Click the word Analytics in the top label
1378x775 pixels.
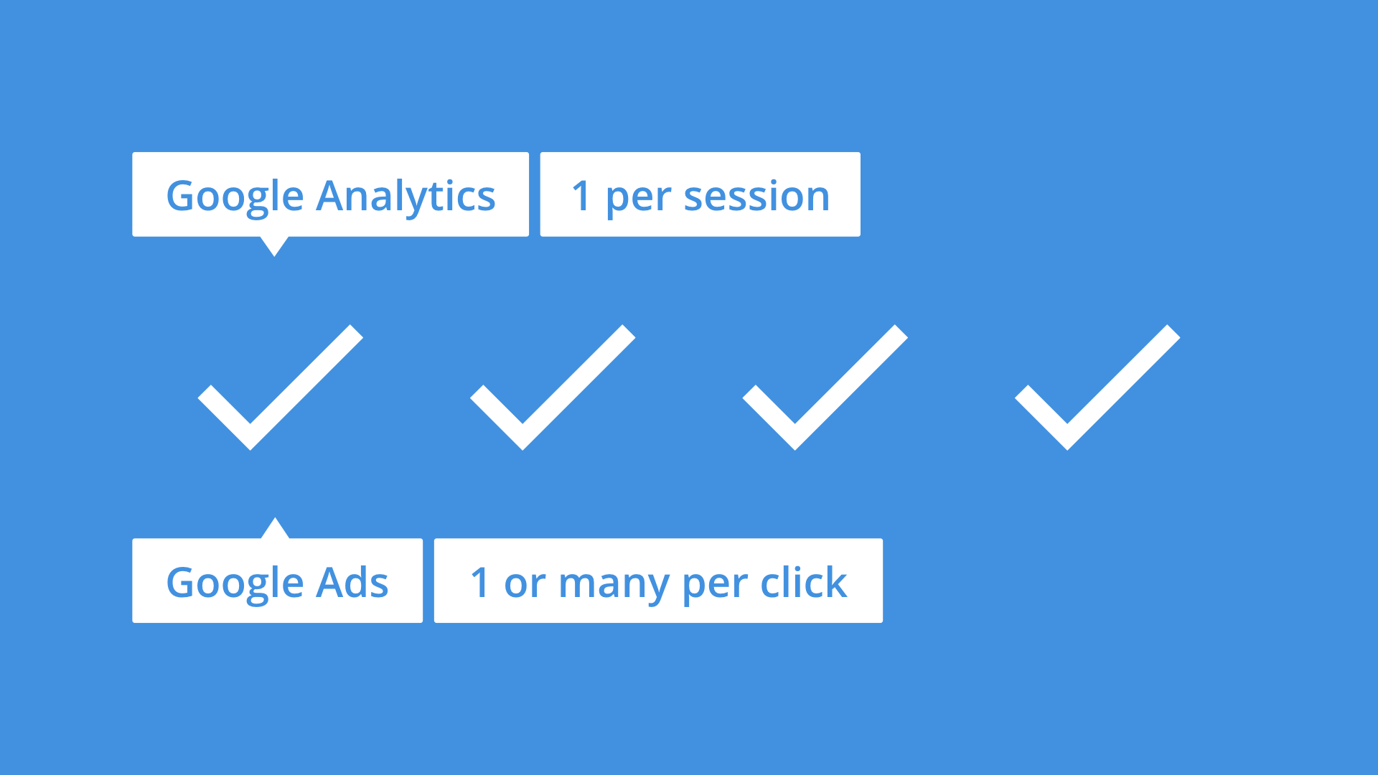pos(406,196)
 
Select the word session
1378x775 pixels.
pos(756,196)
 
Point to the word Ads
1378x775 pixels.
pos(352,582)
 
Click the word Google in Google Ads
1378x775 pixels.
pos(235,583)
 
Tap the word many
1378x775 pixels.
pos(614,583)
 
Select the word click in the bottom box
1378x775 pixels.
pos(803,582)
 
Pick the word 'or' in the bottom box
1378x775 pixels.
pos(525,583)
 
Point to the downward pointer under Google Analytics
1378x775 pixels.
pos(274,245)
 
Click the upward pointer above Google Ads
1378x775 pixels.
pos(274,530)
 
